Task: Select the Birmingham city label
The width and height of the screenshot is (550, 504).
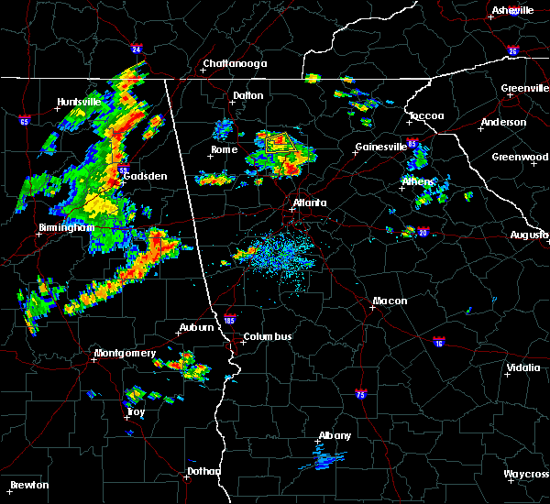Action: coord(66,227)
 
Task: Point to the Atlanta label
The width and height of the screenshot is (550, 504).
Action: coord(309,203)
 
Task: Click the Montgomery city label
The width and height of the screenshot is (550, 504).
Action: coord(125,353)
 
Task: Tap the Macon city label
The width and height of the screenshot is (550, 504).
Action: coord(390,301)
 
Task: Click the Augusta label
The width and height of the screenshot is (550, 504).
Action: coord(529,235)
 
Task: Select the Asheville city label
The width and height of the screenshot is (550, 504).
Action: coord(512,10)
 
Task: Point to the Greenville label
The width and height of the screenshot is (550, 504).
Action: coord(525,89)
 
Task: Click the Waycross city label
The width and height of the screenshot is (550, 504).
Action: coord(527,474)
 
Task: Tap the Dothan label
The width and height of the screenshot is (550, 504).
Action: coord(203,471)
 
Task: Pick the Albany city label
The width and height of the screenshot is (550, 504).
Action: coord(334,435)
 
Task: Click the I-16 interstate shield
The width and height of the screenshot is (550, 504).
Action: coord(437,342)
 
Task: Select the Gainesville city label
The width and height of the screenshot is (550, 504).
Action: coord(380,147)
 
